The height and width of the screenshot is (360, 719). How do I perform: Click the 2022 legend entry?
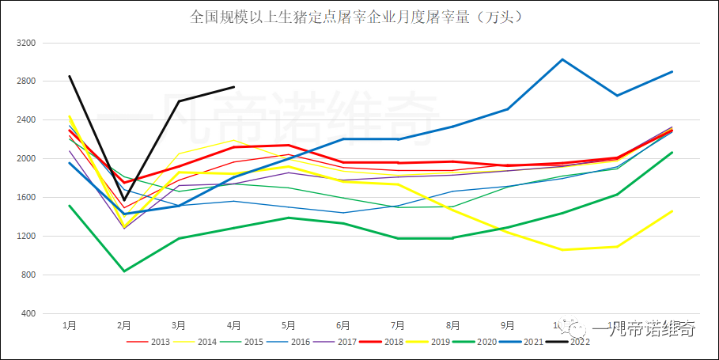(x=570, y=342)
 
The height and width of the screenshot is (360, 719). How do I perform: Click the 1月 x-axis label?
(x=70, y=325)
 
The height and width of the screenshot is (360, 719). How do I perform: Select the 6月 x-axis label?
(x=343, y=325)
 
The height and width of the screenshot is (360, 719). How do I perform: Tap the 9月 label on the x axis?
(x=507, y=325)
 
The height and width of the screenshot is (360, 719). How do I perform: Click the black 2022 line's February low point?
(x=124, y=199)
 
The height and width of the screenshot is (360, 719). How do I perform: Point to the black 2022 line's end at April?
(x=233, y=87)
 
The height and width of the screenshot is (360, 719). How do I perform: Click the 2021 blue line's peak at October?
(x=562, y=59)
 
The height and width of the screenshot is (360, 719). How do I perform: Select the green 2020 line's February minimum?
(x=124, y=271)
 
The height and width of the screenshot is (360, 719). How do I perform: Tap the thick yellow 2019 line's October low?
(x=562, y=250)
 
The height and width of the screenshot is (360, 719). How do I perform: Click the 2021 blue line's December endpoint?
(x=672, y=72)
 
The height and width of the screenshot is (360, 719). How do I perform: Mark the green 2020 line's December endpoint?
(x=672, y=153)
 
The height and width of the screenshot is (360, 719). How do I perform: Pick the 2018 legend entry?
(x=387, y=342)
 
